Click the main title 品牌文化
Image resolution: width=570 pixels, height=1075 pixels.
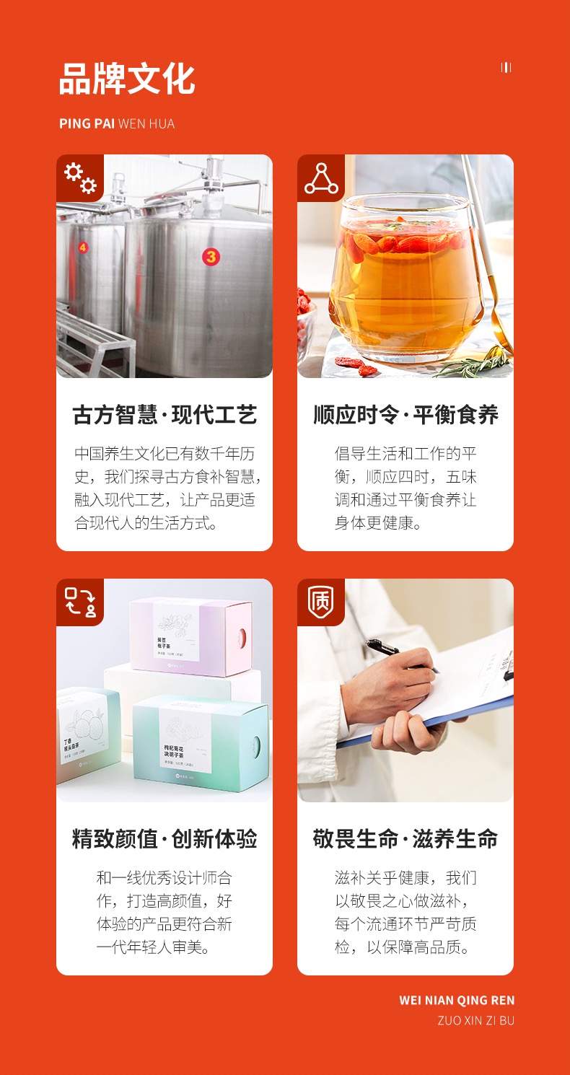click(x=127, y=79)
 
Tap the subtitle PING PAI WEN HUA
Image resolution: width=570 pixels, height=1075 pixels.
click(x=117, y=123)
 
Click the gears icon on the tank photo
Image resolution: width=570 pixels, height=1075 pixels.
click(x=80, y=178)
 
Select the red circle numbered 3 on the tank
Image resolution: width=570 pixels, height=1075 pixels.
click(x=210, y=256)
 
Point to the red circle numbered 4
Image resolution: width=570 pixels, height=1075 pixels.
click(x=82, y=247)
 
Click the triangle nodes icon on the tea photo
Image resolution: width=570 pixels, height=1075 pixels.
click(x=321, y=178)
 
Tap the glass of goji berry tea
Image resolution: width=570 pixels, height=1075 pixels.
click(x=405, y=278)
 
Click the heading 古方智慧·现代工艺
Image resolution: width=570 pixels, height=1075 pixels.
click(x=165, y=415)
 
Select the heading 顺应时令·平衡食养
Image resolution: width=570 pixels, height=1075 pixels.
click(x=405, y=415)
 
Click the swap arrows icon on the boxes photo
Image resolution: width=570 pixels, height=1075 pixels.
click(x=80, y=602)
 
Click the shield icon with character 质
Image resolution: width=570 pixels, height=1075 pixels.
click(x=321, y=602)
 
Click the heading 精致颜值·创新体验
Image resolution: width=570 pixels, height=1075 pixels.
click(x=165, y=839)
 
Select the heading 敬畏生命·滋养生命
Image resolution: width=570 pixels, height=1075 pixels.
click(x=405, y=839)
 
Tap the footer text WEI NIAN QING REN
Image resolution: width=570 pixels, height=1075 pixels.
click(x=457, y=1000)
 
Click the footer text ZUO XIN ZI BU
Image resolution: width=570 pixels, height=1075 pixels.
click(x=475, y=1020)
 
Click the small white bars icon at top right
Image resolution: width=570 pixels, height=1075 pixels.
click(x=506, y=68)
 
